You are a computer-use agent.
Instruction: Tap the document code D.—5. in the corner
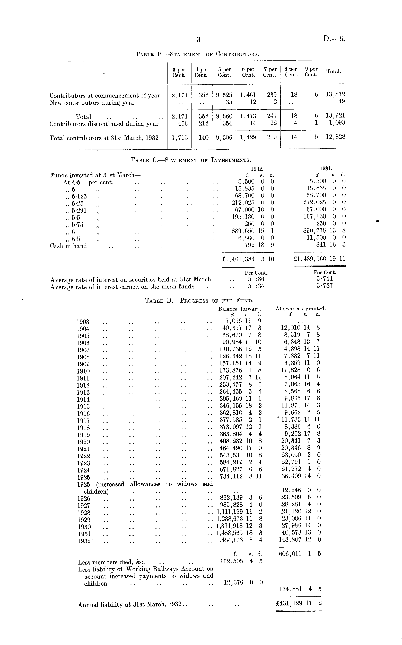tap(334, 39)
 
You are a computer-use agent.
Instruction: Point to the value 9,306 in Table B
tap(224, 137)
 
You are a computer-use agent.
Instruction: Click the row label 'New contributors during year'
tap(92, 103)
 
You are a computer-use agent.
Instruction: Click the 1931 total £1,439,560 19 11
tap(319, 259)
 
